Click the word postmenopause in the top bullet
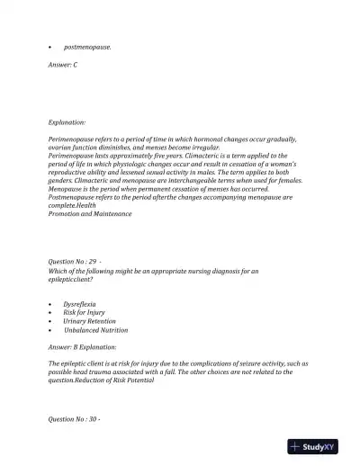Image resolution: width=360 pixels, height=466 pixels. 87,46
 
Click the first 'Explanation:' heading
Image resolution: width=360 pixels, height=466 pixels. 67,121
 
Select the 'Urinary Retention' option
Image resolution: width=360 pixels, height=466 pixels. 89,321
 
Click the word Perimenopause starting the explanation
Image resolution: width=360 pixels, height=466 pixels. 74,139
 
